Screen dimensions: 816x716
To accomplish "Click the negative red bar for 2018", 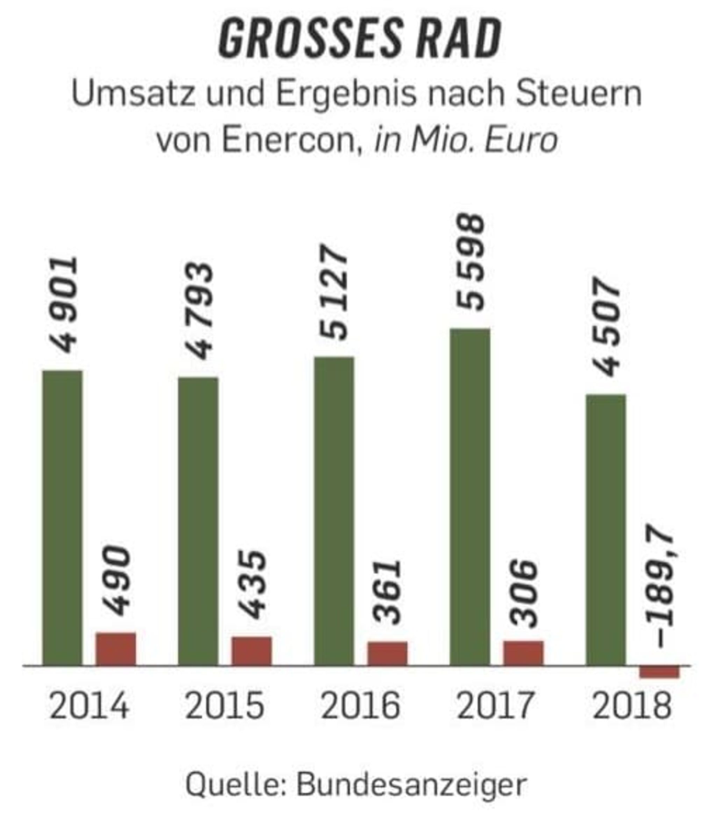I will coord(659,672).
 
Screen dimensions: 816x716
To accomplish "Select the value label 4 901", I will coord(63,305).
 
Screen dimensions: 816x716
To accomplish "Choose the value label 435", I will coord(251,585).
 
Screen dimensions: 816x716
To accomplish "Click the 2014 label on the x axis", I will coord(89,705).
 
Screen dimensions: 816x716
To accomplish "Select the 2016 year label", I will coord(360,705).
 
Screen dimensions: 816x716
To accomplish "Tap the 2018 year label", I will coord(632,705).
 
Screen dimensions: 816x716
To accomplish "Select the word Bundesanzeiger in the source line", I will coord(411,785).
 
